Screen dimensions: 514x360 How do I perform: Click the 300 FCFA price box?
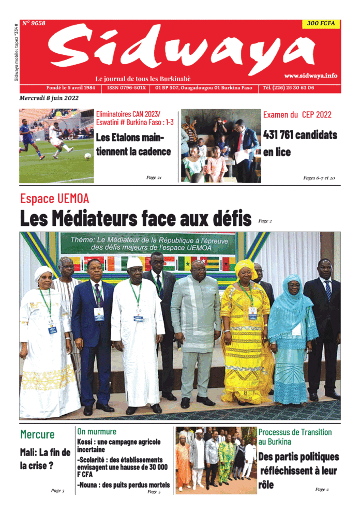tap(321, 23)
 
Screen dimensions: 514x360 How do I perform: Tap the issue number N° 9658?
tap(34, 23)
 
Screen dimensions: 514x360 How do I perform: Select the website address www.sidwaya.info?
tap(310, 75)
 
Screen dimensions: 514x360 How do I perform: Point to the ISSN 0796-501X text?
tap(127, 88)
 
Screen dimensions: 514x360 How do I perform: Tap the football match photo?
tap(56, 145)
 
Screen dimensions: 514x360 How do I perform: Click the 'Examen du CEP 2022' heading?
tap(297, 115)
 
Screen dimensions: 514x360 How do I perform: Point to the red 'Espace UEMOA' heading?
tap(55, 198)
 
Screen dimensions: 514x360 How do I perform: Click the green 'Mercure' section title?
tap(37, 434)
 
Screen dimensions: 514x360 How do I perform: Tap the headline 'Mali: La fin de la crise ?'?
tap(45, 459)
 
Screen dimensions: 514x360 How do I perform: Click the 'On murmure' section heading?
tap(97, 431)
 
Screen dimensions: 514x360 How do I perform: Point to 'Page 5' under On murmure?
tap(154, 492)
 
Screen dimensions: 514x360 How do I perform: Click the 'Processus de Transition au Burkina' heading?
tap(295, 436)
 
